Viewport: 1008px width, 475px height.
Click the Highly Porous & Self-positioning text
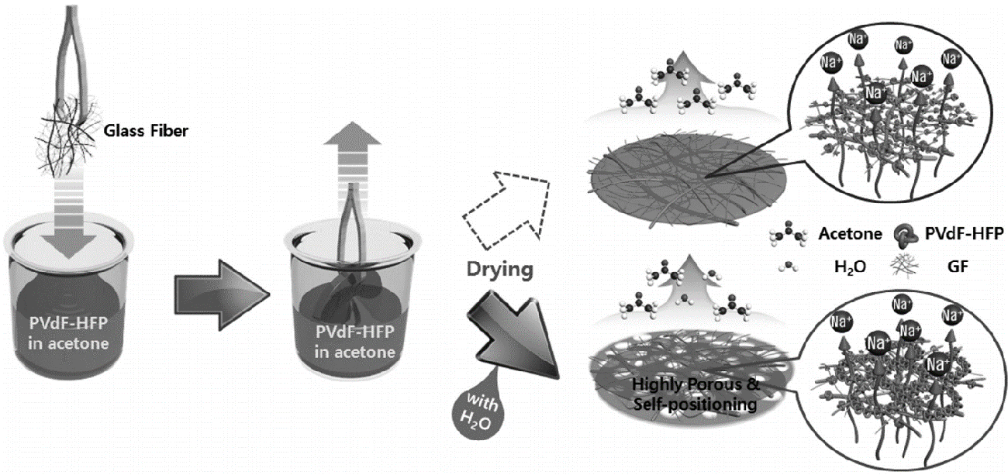tap(675, 394)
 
